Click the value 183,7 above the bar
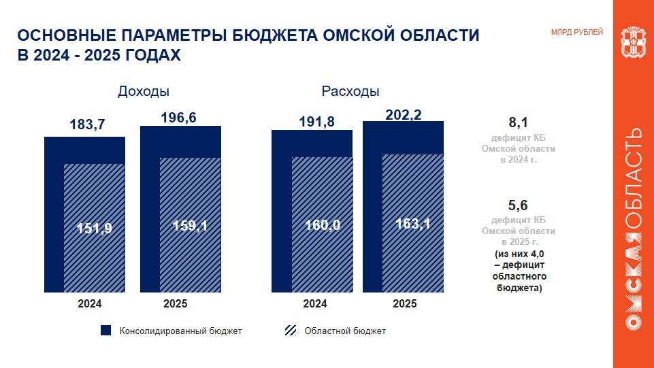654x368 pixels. pos(88,124)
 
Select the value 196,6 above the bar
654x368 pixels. pos(179,118)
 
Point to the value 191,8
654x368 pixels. pos(317,122)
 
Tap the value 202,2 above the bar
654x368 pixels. pos(404,116)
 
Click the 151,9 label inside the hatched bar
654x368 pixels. pos(95,229)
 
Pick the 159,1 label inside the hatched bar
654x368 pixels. pos(190,226)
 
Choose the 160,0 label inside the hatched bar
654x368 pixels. pos(322,226)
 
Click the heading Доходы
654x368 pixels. pos(144,91)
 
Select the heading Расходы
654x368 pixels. pos(350,91)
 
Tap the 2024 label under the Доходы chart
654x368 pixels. pos(90,304)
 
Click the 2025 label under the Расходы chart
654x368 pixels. pos(405,304)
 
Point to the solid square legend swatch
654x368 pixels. pos(105,331)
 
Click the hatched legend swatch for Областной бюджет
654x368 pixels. pos(290,331)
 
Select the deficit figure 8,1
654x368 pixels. pos(518,123)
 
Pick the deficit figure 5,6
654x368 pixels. pos(518,205)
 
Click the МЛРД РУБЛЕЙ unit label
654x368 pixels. pos(576,32)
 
